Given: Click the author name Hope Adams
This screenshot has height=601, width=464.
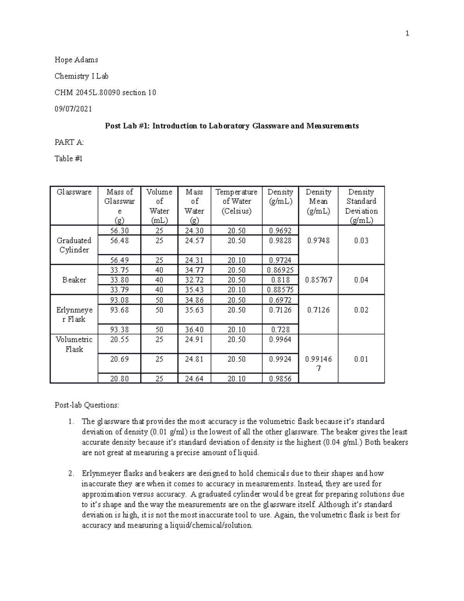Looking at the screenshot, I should pyautogui.click(x=76, y=60).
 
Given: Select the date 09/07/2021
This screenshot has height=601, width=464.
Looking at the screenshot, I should pyautogui.click(x=73, y=109).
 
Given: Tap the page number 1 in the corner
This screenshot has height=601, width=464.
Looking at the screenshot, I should pyautogui.click(x=407, y=34).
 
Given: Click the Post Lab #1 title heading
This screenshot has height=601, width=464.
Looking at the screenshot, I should pyautogui.click(x=232, y=126).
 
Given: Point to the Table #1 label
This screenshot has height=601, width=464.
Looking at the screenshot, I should pyautogui.click(x=68, y=159).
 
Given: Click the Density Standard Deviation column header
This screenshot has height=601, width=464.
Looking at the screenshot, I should pyautogui.click(x=361, y=206).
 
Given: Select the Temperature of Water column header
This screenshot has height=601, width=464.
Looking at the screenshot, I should pyautogui.click(x=236, y=202).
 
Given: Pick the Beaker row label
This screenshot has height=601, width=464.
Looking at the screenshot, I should pyautogui.click(x=74, y=280).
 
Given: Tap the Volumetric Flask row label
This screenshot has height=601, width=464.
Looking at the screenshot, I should pyautogui.click(x=74, y=344).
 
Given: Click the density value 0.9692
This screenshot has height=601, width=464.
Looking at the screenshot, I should pyautogui.click(x=280, y=231).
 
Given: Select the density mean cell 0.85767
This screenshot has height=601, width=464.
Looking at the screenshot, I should pyautogui.click(x=318, y=280).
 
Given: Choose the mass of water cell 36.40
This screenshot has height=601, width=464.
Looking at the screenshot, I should pyautogui.click(x=194, y=330).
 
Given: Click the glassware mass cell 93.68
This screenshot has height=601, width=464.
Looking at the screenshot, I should pyautogui.click(x=119, y=310).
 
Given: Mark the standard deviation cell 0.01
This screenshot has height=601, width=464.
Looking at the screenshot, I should pyautogui.click(x=361, y=359).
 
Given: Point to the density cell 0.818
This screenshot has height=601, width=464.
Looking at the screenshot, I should pyautogui.click(x=280, y=280).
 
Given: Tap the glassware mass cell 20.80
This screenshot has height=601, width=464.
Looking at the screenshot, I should pyautogui.click(x=119, y=379).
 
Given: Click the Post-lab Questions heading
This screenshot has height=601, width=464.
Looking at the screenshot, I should pyautogui.click(x=87, y=405).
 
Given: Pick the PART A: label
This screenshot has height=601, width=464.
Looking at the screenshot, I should pyautogui.click(x=69, y=142).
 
